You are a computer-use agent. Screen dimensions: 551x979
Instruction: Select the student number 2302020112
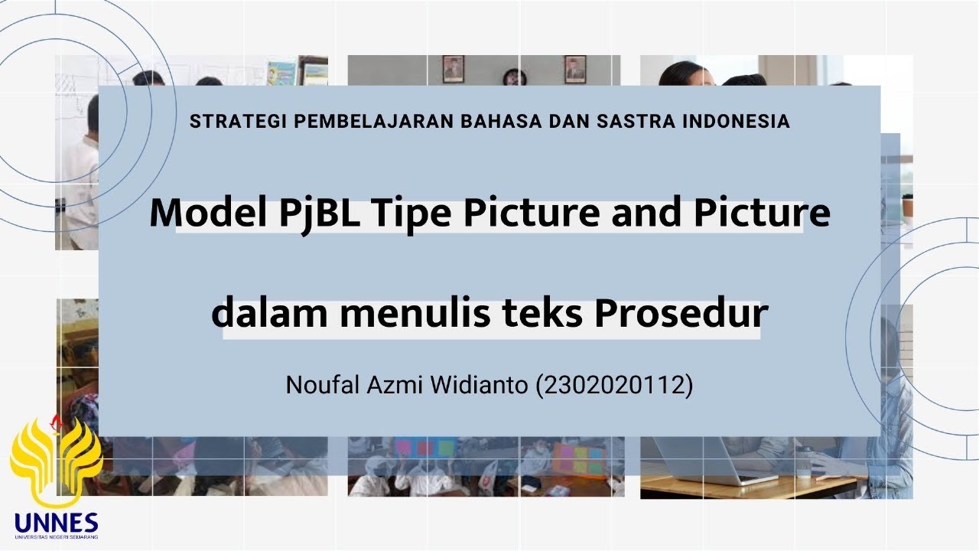(x=614, y=385)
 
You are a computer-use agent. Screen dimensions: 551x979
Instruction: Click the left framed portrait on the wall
(x=453, y=69)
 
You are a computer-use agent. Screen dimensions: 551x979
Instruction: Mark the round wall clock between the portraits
(x=514, y=76)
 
